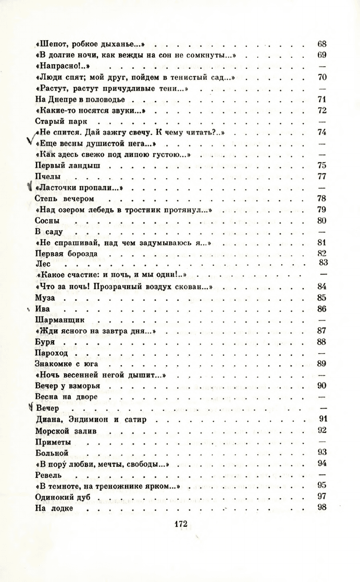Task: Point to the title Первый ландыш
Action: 67,165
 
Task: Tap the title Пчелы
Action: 48,176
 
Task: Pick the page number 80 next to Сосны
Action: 321,220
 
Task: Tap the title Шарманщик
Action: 59,319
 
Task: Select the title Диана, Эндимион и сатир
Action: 88,418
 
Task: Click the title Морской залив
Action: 63,430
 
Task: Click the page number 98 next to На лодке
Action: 321,507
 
